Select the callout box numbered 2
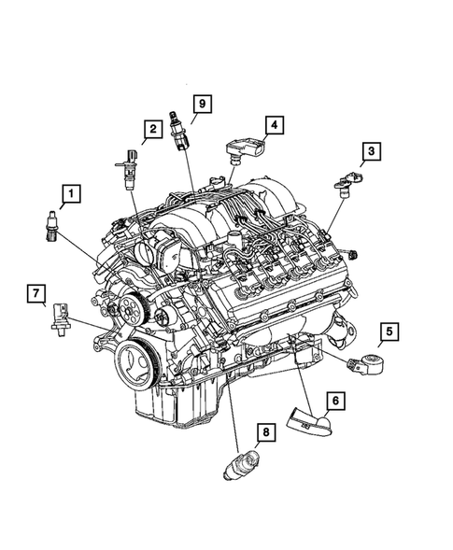coord(149,129)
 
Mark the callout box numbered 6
coord(333,401)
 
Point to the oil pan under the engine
coord(177,402)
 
